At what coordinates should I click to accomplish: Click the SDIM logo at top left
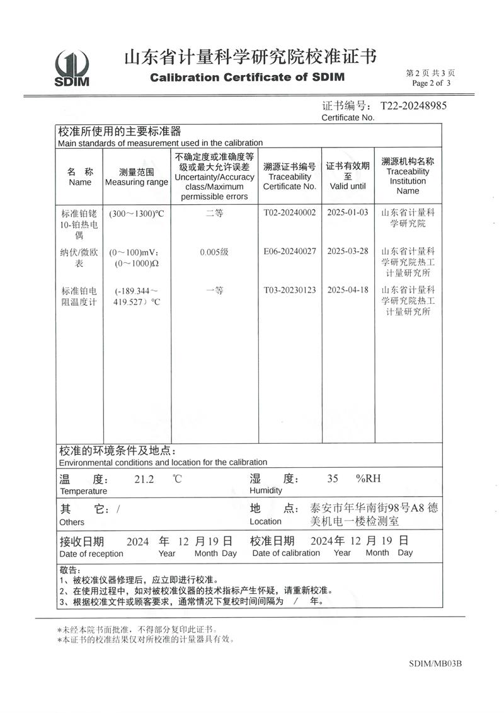[x=72, y=68]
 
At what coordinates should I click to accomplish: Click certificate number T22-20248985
[x=413, y=105]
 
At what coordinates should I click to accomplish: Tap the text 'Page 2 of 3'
[x=432, y=83]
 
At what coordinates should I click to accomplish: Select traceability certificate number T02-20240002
[x=289, y=213]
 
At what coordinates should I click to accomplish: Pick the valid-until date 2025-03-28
[x=347, y=252]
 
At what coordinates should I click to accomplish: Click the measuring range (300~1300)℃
[x=136, y=214]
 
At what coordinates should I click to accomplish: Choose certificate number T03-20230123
[x=289, y=291]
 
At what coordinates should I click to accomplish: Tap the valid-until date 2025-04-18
[x=347, y=291]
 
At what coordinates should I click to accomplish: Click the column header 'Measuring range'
[x=136, y=182]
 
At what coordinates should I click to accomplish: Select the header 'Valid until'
[x=347, y=186]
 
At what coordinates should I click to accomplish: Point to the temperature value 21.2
[x=144, y=478]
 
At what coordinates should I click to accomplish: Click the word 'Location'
[x=265, y=521]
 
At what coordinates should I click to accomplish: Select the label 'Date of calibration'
[x=286, y=553]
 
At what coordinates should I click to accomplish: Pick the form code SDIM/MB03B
[x=435, y=663]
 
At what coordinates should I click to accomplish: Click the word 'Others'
[x=72, y=522]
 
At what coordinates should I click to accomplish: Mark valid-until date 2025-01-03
[x=347, y=213]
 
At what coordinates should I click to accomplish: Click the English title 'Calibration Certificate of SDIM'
[x=247, y=78]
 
